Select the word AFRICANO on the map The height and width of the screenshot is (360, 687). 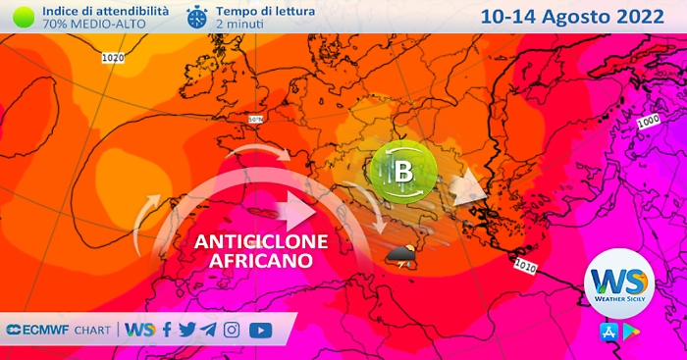point(260,261)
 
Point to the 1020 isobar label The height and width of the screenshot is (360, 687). point(113,59)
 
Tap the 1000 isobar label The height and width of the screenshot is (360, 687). point(648,123)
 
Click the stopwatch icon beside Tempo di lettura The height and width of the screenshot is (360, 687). point(197,17)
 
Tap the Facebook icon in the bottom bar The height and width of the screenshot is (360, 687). point(167,330)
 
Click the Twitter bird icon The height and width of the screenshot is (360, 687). point(186,330)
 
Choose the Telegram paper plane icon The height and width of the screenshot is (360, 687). point(208,330)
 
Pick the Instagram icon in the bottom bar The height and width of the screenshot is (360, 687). point(232,330)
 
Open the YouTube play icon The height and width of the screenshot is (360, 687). point(260,330)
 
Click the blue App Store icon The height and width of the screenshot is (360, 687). point(607,331)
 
